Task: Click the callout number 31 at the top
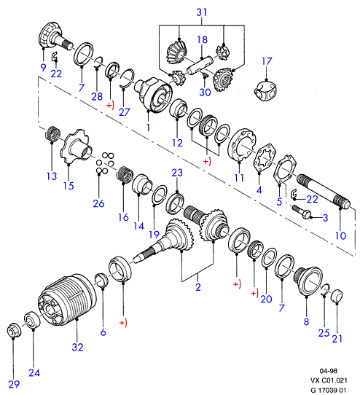[x=202, y=12]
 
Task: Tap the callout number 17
[x=267, y=61]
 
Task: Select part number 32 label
[x=77, y=347]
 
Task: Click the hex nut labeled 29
[x=14, y=331]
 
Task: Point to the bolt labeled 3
[x=301, y=212]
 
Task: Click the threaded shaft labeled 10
[x=324, y=190]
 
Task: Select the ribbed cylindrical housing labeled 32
[x=67, y=298]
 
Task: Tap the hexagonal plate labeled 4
[x=265, y=158]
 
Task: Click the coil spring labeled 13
[x=53, y=133]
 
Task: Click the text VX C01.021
[x=328, y=380]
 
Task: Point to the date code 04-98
[x=328, y=371]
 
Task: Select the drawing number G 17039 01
[x=328, y=390]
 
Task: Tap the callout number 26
[x=98, y=203]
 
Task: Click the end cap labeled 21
[x=337, y=296]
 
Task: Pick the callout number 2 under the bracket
[x=198, y=287]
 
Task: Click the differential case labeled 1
[x=154, y=95]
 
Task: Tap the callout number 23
[x=177, y=173]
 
